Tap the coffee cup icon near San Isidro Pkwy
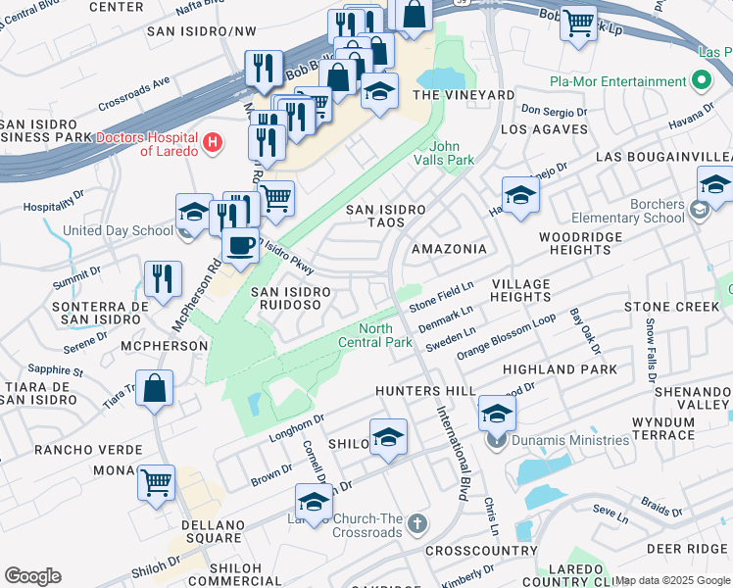[x=240, y=246]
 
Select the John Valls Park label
[x=452, y=153]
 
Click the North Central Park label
[x=374, y=335]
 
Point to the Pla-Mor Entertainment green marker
[x=701, y=79]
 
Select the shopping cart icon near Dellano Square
[x=156, y=482]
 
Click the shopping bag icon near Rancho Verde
[x=155, y=388]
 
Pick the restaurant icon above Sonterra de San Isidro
[x=163, y=278]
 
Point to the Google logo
[x=32, y=576]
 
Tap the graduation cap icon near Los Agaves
[x=520, y=193]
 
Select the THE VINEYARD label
[x=464, y=95]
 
